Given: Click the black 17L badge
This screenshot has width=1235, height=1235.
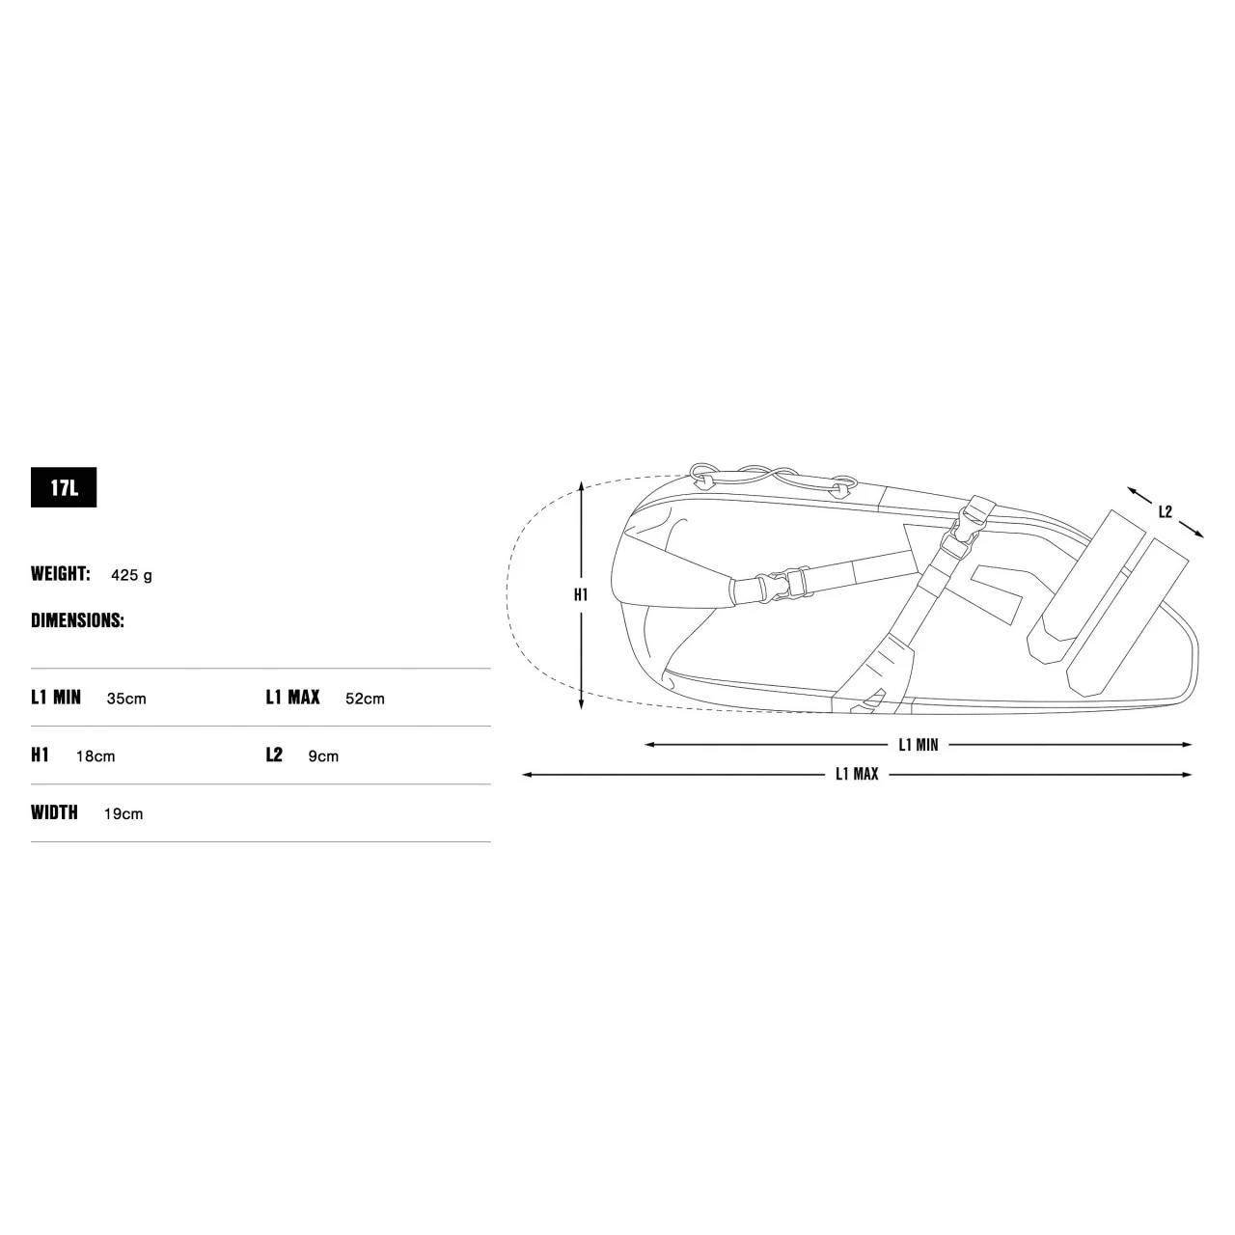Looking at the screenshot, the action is click(x=64, y=487).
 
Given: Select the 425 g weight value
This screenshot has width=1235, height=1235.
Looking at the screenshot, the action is click(x=131, y=575).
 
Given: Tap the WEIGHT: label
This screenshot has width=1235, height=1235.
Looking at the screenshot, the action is click(x=60, y=573).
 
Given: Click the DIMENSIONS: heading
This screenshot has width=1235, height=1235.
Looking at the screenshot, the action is click(x=77, y=620).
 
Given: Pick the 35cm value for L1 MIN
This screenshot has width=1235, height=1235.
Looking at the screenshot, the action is click(x=126, y=699).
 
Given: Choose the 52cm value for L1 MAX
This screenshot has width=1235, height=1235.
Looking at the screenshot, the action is click(x=365, y=699).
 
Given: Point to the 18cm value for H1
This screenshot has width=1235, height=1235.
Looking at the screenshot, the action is click(x=96, y=756).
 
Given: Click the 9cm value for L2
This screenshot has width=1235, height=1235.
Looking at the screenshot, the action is click(x=323, y=756).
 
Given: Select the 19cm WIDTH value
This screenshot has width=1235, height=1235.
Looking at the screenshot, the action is click(x=123, y=814).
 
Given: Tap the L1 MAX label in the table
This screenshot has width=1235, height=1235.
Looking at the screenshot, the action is click(x=292, y=698).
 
